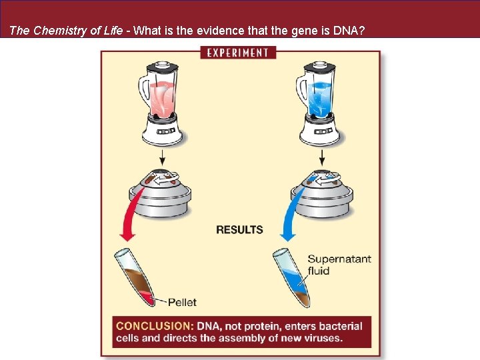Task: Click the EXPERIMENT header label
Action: tap(239, 52)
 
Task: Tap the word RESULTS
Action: tap(239, 229)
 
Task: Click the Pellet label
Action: tap(182, 302)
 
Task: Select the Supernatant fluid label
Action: tap(339, 265)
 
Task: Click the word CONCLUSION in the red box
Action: tap(155, 327)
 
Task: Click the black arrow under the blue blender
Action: tap(322, 157)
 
